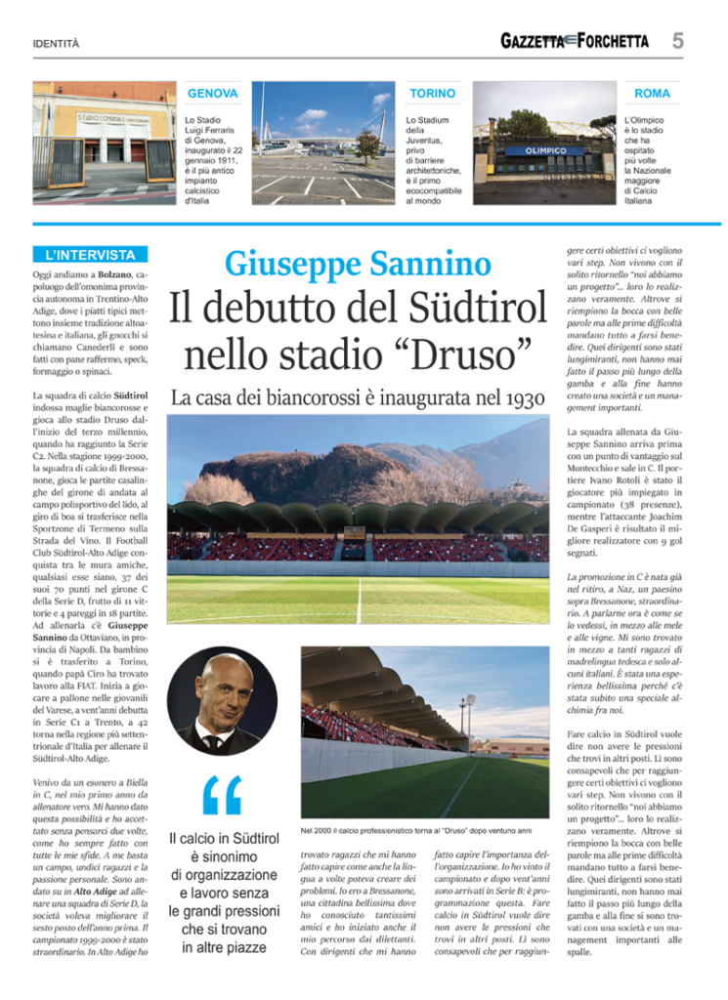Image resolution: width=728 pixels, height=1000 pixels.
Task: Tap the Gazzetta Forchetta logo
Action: [574, 41]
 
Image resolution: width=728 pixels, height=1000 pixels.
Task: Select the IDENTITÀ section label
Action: [56, 44]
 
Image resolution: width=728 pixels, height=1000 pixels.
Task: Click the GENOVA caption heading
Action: [212, 94]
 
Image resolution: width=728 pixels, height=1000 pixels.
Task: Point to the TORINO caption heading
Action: [432, 94]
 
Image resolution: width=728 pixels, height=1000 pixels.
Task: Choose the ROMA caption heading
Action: [652, 94]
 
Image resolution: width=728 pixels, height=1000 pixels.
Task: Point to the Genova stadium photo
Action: [104, 143]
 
